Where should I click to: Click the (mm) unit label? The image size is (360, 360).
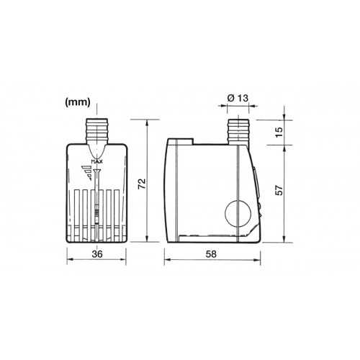click(x=76, y=103)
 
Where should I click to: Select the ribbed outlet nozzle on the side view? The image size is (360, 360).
click(x=237, y=130)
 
